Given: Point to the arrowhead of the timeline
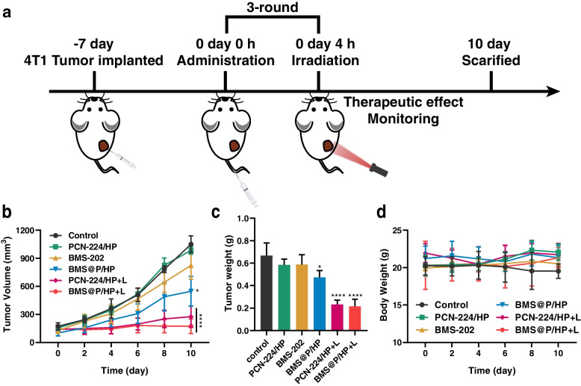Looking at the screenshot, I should [x=553, y=92].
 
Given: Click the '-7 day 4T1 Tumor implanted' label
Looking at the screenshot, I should [x=95, y=46].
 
